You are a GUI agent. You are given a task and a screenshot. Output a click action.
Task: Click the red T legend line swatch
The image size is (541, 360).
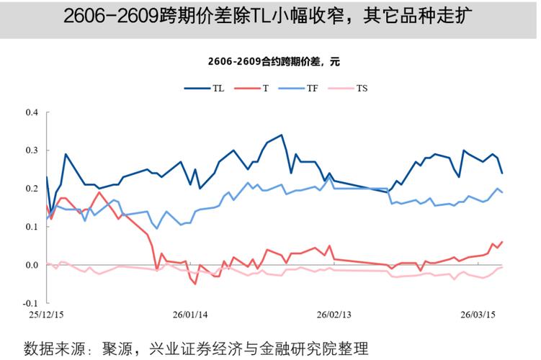246,89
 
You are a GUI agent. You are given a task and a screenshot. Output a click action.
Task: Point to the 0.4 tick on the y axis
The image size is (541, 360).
32,112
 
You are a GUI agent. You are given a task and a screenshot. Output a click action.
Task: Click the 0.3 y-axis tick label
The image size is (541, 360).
32,150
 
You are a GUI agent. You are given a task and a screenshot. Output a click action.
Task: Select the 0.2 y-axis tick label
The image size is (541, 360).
32,189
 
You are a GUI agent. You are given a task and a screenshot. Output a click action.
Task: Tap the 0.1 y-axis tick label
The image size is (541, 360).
32,227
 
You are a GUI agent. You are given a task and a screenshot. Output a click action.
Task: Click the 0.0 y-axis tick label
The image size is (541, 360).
32,265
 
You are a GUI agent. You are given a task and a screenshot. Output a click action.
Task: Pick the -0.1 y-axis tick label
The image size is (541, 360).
30,303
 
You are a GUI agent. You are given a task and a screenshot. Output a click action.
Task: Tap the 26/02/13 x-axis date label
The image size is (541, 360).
334,315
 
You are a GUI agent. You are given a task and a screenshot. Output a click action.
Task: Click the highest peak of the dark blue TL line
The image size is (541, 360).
282,135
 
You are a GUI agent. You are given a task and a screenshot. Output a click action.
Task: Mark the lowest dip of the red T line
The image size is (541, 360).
195,284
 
